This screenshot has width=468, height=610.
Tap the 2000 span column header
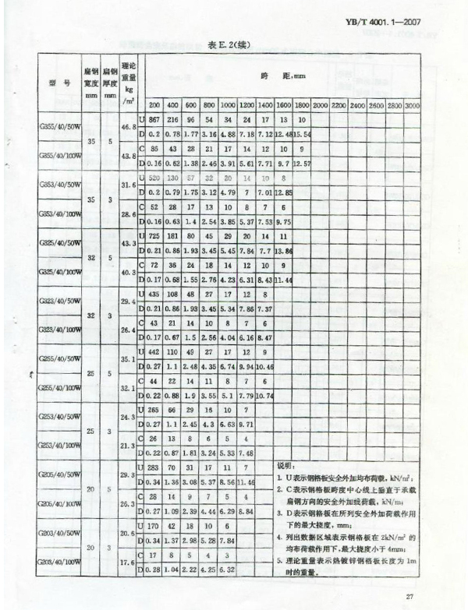(x=320, y=104)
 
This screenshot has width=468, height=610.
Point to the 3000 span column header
(x=413, y=104)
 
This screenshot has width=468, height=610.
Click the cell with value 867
(x=154, y=119)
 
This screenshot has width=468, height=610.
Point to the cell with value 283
(x=154, y=467)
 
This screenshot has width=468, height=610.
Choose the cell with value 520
(x=154, y=178)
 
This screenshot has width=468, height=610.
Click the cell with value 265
(x=154, y=410)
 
